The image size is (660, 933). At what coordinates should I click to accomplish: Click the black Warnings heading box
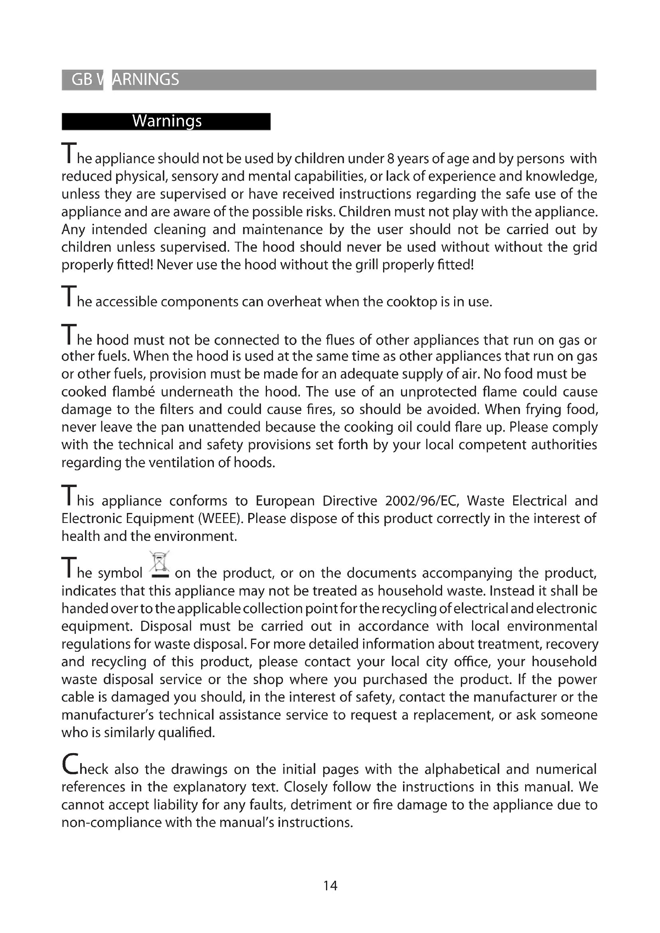pyautogui.click(x=166, y=122)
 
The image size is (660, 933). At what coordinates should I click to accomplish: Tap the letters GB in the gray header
pyautogui.click(x=82, y=80)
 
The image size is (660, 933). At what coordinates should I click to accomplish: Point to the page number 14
pyautogui.click(x=330, y=886)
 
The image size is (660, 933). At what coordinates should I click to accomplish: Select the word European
pyautogui.click(x=285, y=501)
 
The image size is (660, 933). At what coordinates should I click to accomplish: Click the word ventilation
pyautogui.click(x=181, y=463)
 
